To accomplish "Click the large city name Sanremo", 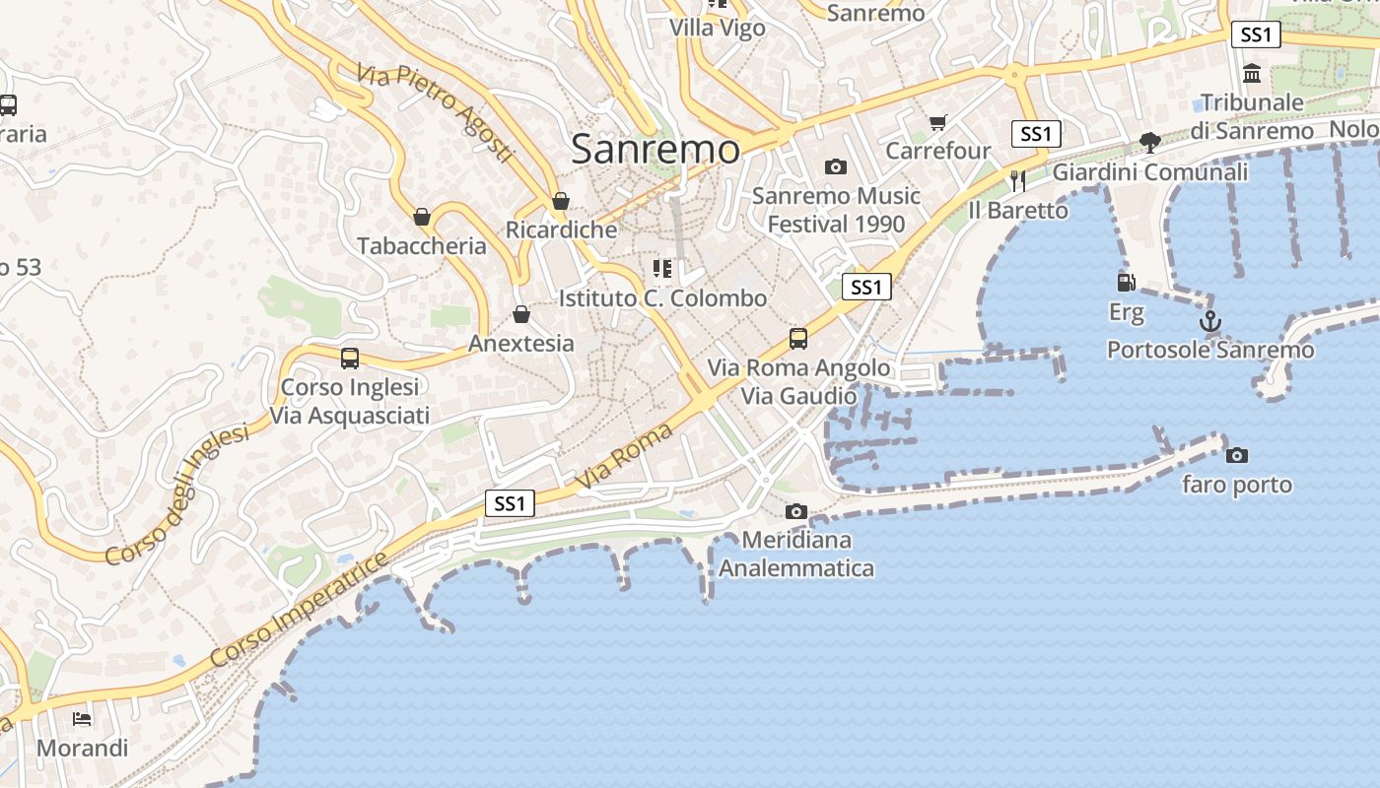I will pos(655,150).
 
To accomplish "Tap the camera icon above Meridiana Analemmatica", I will pos(796,511).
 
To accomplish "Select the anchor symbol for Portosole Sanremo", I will pos(1209,322).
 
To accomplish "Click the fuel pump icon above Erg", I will pos(1126,283).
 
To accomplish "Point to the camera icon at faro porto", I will pos(1236,455).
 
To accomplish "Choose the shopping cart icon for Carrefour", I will pos(937,123).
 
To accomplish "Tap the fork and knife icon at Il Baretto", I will pos(1018,180).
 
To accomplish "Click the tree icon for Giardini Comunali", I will pos(1149,143).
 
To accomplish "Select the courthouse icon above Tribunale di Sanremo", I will pos(1252,73).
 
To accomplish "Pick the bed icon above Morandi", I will pos(82,719).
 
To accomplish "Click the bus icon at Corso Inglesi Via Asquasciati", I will pos(349,359).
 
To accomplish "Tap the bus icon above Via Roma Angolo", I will pos(798,339).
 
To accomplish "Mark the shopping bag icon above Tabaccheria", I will pos(422,217).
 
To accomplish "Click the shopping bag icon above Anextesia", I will pos(521,314).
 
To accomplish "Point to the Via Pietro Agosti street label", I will pos(436,113).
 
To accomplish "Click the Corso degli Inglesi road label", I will pos(177,495).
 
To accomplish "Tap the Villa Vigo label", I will pos(718,28).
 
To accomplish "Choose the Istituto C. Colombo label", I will pos(662,297).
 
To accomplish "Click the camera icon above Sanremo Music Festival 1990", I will pos(836,166).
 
